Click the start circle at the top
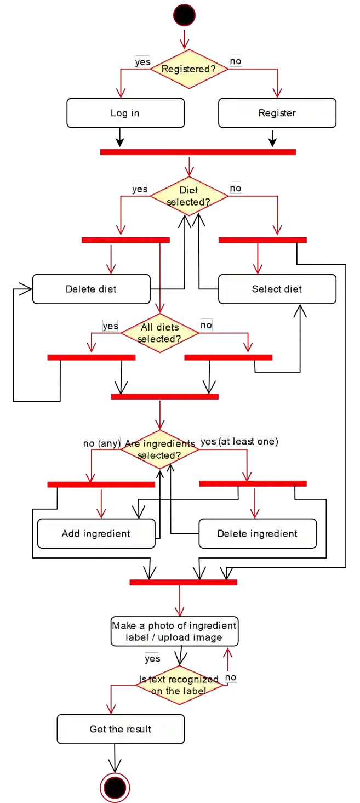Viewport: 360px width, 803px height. pos(184,15)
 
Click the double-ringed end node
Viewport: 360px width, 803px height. pos(115,788)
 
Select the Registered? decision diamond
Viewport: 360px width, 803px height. pos(188,69)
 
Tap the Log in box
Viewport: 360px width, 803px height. pos(125,113)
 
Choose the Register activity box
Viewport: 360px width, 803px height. pos(277,113)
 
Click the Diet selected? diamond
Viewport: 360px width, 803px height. pos(188,196)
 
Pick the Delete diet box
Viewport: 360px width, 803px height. pos(91,289)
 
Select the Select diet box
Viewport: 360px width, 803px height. pos(277,289)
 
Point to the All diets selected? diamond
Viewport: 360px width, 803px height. pos(159,333)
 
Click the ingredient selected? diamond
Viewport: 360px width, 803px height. pos(159,449)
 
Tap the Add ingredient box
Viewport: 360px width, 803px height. pos(96,533)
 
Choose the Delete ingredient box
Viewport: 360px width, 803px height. pos(258,533)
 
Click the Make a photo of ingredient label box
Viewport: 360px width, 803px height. pos(174,631)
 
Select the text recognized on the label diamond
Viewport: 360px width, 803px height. pos(180,685)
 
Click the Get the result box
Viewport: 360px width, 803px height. pos(121,729)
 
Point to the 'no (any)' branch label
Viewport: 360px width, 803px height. pos(102,443)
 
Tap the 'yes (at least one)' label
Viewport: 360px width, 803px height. pos(239,441)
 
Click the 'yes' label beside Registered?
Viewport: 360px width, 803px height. pos(142,62)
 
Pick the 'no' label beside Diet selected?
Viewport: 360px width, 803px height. pos(236,188)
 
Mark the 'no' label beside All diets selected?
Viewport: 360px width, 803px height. pos(206,325)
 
